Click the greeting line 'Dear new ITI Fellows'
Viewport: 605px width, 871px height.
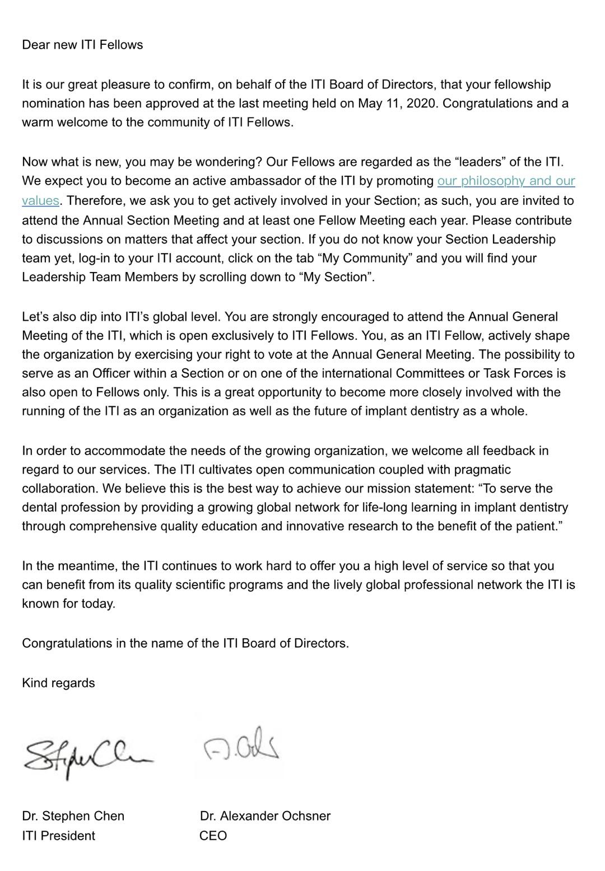[x=82, y=45]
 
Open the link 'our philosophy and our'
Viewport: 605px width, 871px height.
[x=506, y=181]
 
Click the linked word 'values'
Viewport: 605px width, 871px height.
[x=40, y=200]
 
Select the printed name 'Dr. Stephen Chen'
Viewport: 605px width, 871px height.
[x=73, y=816]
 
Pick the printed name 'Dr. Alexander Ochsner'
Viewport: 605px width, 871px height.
[x=265, y=816]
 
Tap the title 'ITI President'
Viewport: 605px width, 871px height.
[x=58, y=835]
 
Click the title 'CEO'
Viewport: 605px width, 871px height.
[x=213, y=835]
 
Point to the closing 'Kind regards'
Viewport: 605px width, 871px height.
[x=58, y=683]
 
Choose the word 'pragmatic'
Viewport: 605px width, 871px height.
[x=482, y=469]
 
